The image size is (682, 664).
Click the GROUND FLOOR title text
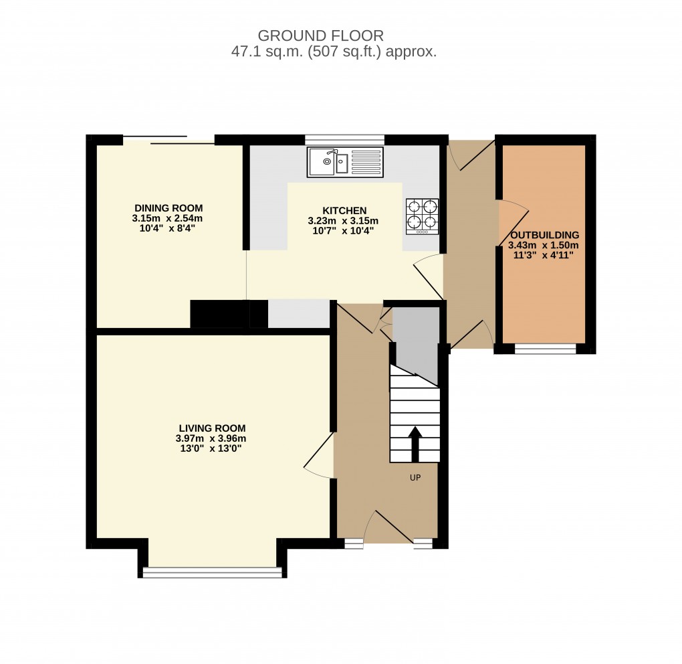[321, 35]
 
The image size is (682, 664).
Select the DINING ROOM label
[168, 208]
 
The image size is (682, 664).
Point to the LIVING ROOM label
[212, 428]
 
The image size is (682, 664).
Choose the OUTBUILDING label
[544, 235]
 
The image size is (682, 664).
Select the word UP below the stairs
[415, 478]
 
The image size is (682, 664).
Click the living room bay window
[213, 572]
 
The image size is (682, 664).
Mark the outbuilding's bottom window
[545, 349]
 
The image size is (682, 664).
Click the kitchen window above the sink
[344, 139]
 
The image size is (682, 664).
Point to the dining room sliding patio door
[168, 140]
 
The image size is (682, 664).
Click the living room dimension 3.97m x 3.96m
[212, 438]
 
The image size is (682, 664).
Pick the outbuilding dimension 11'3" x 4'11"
[544, 254]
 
